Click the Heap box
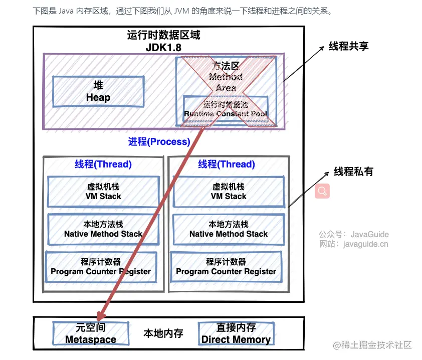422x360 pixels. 98,91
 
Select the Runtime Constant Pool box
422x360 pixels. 226,109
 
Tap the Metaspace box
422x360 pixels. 91,333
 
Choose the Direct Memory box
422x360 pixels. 236,333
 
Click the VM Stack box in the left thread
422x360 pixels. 103,191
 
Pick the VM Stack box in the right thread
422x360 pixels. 229,191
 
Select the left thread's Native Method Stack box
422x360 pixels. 103,229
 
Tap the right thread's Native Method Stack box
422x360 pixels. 229,229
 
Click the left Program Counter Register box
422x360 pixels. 101,266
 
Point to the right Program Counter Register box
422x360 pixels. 226,266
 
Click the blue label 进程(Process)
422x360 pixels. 159,141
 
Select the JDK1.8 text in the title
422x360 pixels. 163,48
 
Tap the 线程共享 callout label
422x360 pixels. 349,46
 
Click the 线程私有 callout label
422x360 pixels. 354,171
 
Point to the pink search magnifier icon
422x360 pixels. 322,191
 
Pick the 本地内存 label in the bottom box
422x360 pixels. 163,333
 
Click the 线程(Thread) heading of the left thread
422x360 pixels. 103,164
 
